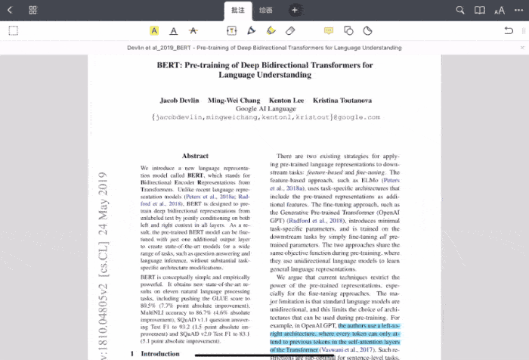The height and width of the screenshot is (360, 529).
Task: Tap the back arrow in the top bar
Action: pyautogui.click(x=10, y=11)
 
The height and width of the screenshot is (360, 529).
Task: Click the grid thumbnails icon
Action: pyautogui.click(x=33, y=11)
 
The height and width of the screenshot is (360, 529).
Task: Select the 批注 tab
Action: pyautogui.click(x=238, y=11)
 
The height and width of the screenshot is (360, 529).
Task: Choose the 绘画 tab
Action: pyautogui.click(x=265, y=11)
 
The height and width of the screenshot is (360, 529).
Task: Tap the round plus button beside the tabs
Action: pyautogui.click(x=295, y=11)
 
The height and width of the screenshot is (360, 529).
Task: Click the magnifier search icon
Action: pyautogui.click(x=460, y=11)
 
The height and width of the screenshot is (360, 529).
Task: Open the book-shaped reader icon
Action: pyautogui.click(x=480, y=11)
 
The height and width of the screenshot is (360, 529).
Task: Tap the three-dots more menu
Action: pyautogui.click(x=519, y=11)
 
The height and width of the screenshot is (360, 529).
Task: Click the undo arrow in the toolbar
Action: pyautogui.click(x=509, y=31)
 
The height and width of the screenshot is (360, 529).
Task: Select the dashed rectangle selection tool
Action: pyautogui.click(x=13, y=31)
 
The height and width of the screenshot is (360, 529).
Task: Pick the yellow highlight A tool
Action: pyautogui.click(x=154, y=31)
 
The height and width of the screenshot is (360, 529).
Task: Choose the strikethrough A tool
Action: pyautogui.click(x=193, y=31)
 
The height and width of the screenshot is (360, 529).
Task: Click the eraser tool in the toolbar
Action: pyautogui.click(x=290, y=31)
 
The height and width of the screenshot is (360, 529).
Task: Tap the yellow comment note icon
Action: pyautogui.click(x=329, y=31)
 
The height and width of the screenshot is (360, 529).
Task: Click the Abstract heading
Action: pyautogui.click(x=195, y=157)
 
